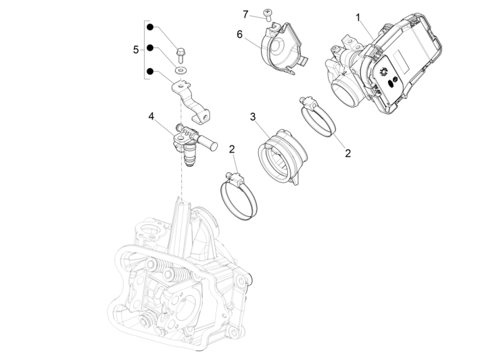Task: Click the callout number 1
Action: pyautogui.click(x=358, y=16)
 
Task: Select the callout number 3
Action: pyautogui.click(x=252, y=117)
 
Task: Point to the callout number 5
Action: pyautogui.click(x=136, y=49)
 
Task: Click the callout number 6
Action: pyautogui.click(x=239, y=34)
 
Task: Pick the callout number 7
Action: pyautogui.click(x=246, y=13)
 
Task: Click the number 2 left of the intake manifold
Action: pyautogui.click(x=232, y=149)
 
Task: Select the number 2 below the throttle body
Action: pyautogui.click(x=348, y=153)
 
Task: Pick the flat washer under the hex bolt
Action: pyautogui.click(x=180, y=69)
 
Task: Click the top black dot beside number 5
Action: pyautogui.click(x=151, y=28)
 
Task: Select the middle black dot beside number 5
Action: pyautogui.click(x=151, y=49)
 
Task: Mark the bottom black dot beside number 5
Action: pyautogui.click(x=151, y=71)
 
